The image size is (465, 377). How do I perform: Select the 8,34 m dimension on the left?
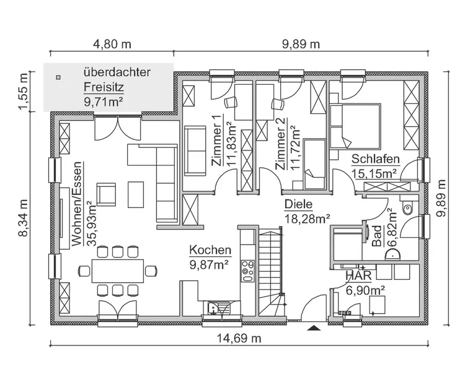point(24,217)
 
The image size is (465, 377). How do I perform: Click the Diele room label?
point(298,204)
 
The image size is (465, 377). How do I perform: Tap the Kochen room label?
point(210,251)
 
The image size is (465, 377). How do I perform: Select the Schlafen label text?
point(375,159)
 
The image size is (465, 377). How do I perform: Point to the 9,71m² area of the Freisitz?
point(102,100)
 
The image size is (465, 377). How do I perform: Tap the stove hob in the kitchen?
point(248,269)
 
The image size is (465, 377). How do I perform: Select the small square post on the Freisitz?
point(58,78)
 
